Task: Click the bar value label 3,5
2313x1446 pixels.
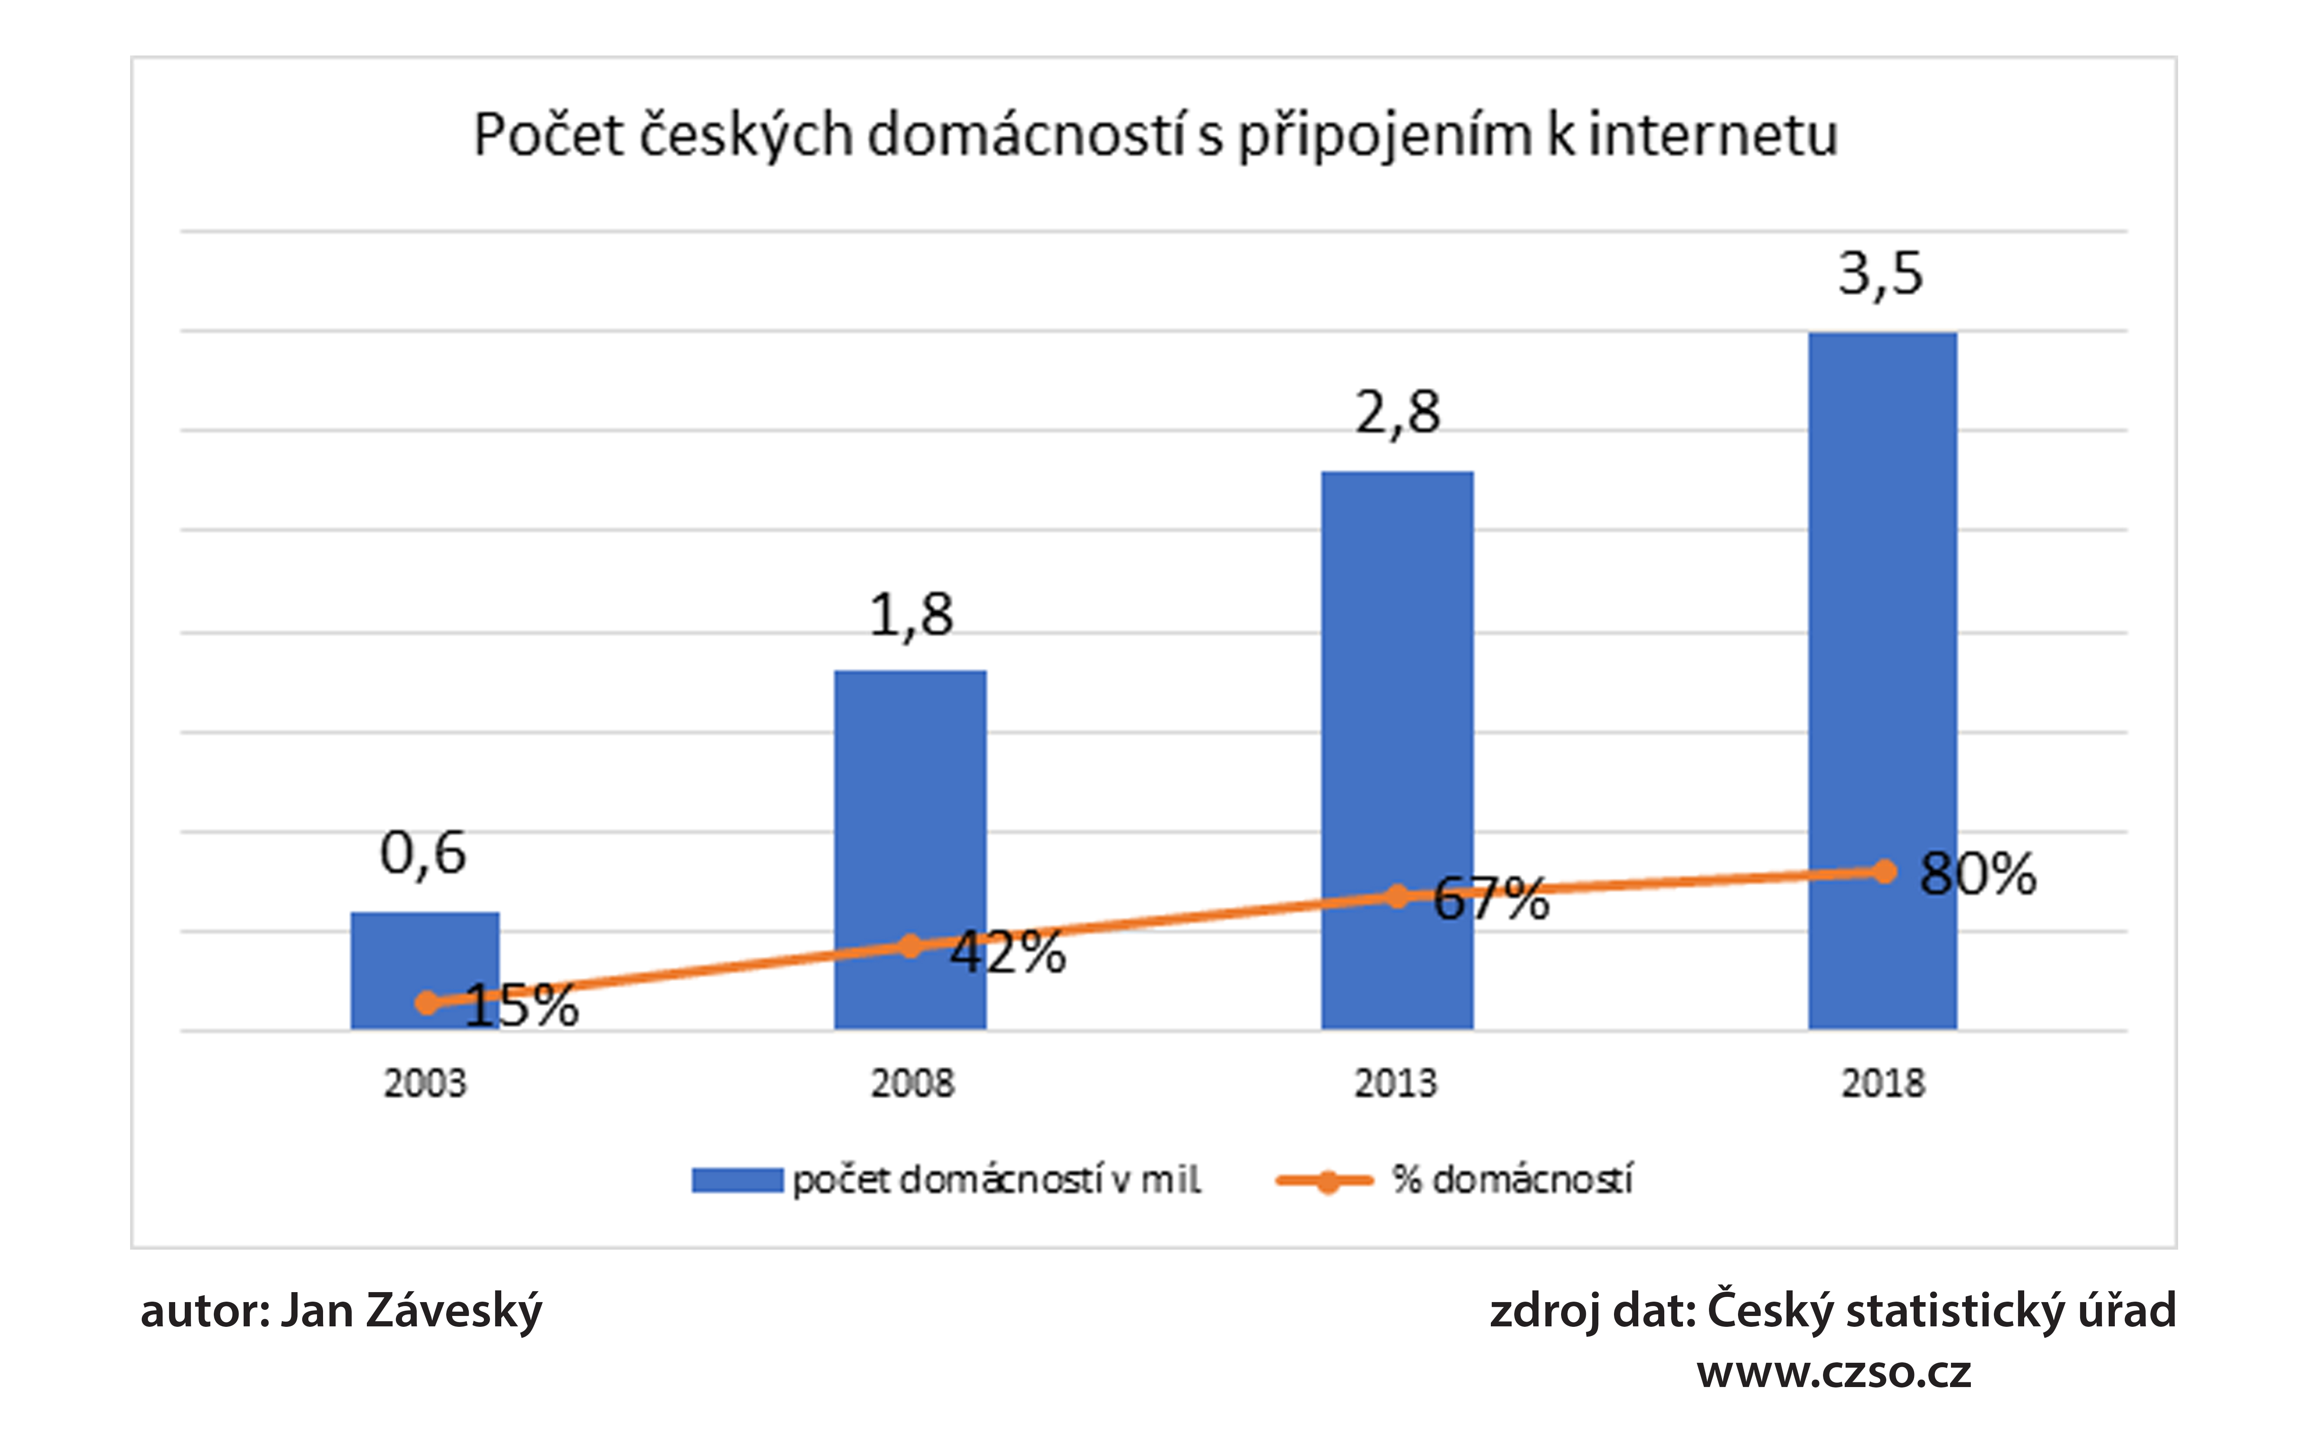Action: click(x=1880, y=274)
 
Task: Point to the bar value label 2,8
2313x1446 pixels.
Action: click(x=1397, y=413)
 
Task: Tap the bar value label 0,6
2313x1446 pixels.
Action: click(x=423, y=853)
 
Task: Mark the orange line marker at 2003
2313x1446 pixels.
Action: click(x=428, y=1002)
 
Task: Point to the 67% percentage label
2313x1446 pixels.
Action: click(x=1490, y=899)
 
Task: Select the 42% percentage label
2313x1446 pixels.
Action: click(x=1007, y=953)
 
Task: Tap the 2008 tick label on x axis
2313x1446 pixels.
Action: click(x=911, y=1084)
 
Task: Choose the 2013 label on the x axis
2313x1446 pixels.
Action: click(x=1395, y=1084)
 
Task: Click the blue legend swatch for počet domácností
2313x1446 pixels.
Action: click(x=737, y=1180)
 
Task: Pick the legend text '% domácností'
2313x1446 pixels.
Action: click(x=1511, y=1180)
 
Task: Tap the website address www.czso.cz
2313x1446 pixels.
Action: click(x=1834, y=1372)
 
